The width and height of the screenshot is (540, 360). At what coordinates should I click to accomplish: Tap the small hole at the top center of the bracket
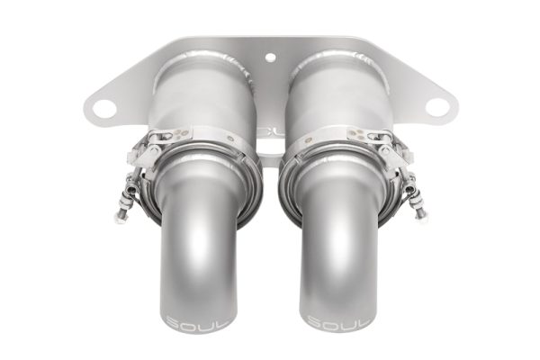click(270, 58)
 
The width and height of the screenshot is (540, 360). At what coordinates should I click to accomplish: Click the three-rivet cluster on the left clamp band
click(181, 130)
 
